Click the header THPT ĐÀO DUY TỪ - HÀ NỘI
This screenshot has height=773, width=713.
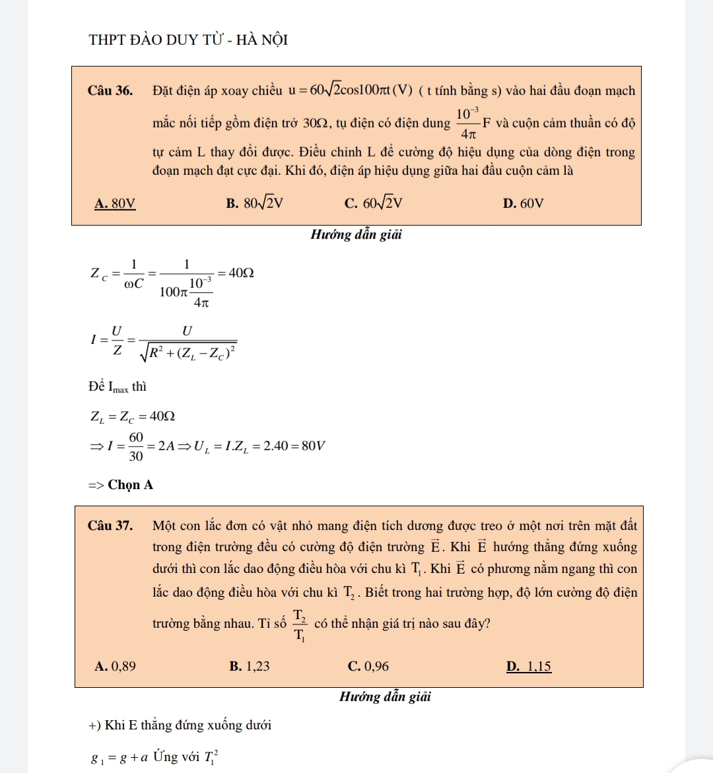pyautogui.click(x=188, y=40)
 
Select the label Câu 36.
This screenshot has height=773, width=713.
pyautogui.click(x=110, y=90)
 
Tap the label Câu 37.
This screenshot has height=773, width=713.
pyautogui.click(x=110, y=525)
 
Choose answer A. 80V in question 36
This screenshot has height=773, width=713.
pyautogui.click(x=115, y=203)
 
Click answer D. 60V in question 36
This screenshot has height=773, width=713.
pyautogui.click(x=523, y=203)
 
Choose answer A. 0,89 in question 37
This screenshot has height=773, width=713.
pyautogui.click(x=116, y=666)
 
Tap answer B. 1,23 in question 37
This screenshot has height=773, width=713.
pyautogui.click(x=249, y=666)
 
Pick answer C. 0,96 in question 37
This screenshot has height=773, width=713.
pyautogui.click(x=368, y=666)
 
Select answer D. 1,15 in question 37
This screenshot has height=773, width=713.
pyautogui.click(x=528, y=666)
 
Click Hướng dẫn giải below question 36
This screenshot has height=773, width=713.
pyautogui.click(x=356, y=234)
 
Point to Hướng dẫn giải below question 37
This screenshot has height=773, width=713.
pyautogui.click(x=385, y=696)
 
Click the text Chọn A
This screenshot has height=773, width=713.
pyautogui.click(x=130, y=485)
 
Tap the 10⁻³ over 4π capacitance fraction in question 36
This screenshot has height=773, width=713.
pyautogui.click(x=467, y=123)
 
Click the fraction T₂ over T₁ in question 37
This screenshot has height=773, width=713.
pyautogui.click(x=300, y=624)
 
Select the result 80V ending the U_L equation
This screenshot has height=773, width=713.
pyautogui.click(x=313, y=446)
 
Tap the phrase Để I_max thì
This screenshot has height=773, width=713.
pyautogui.click(x=118, y=387)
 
